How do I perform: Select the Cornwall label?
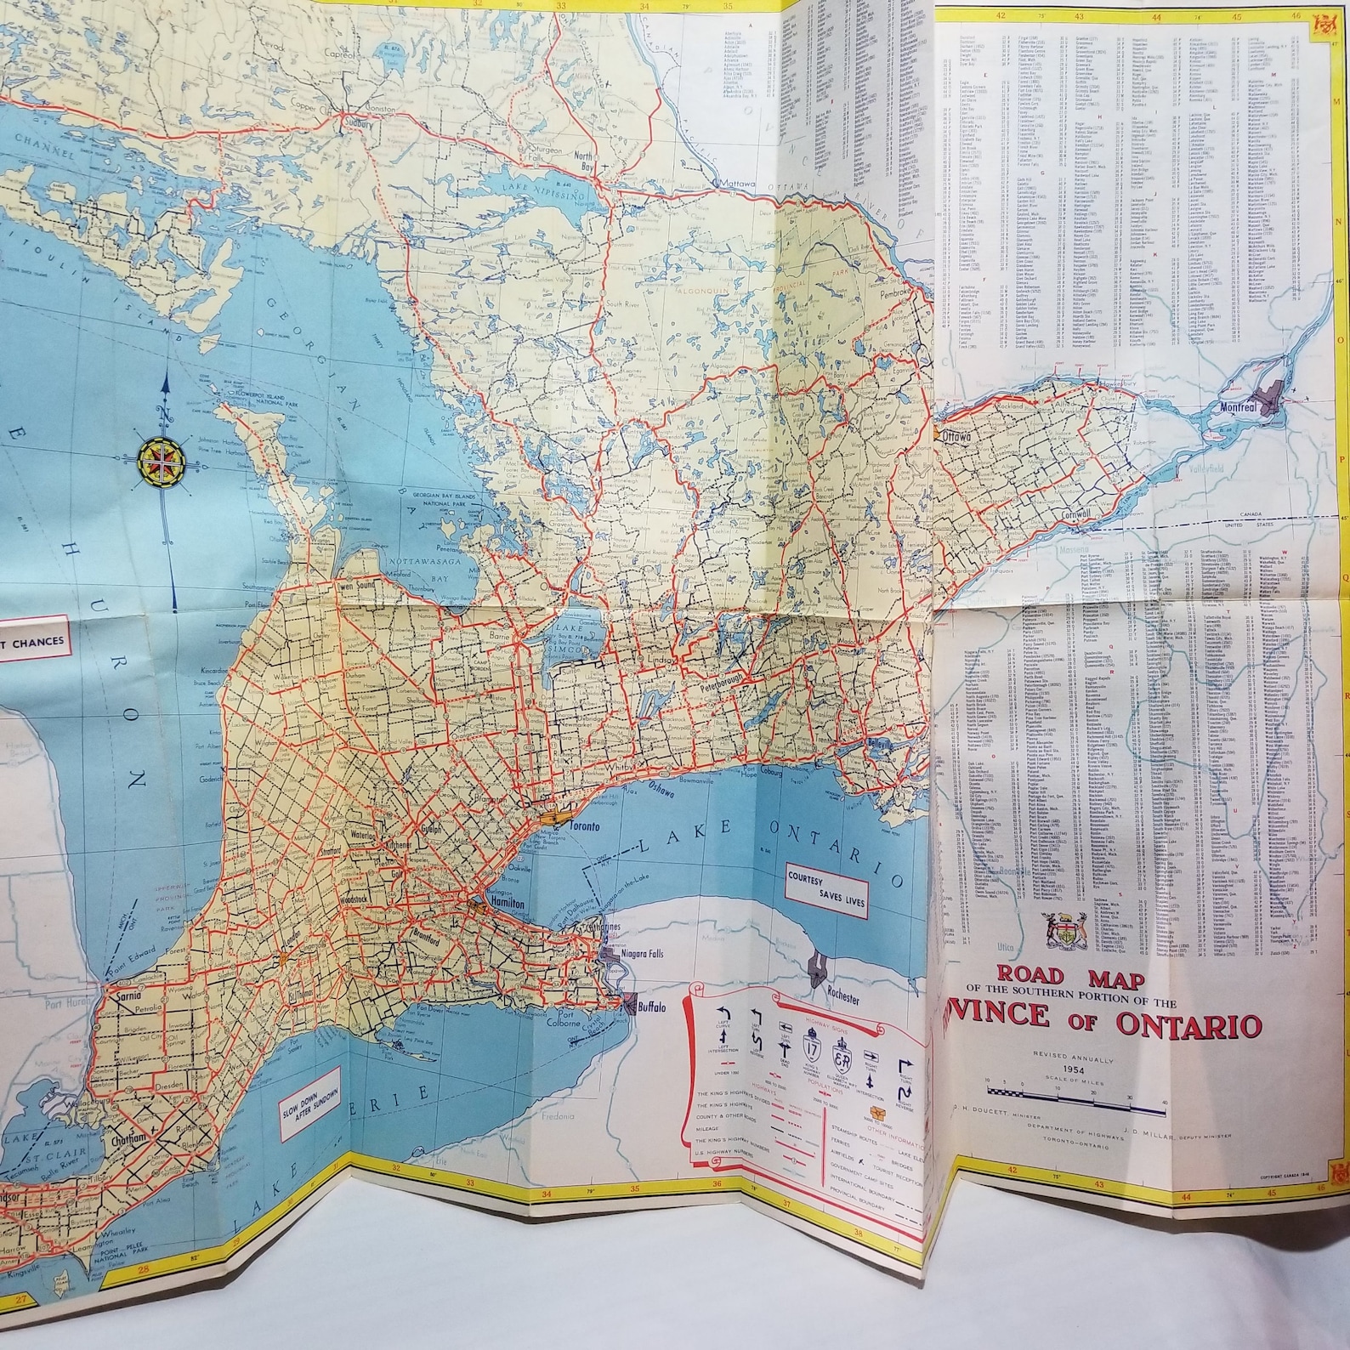1075,516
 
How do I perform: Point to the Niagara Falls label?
636,953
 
